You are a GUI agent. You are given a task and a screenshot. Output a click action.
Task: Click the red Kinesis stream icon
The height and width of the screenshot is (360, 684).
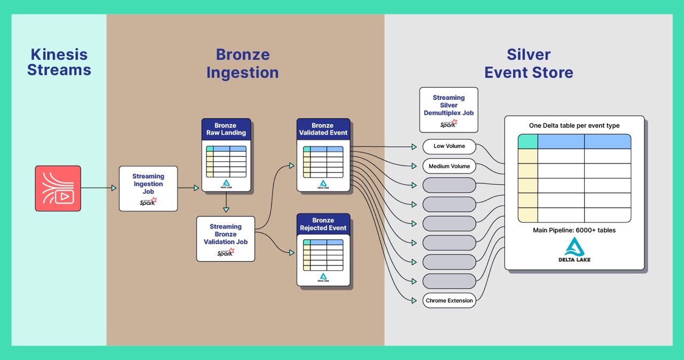click(x=58, y=188)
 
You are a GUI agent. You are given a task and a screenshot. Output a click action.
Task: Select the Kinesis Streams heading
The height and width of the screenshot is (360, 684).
click(x=59, y=62)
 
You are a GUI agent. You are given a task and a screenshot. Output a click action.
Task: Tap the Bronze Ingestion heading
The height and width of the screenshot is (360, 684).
click(x=243, y=64)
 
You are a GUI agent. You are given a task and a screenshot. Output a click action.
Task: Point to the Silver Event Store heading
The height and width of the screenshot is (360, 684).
click(x=528, y=64)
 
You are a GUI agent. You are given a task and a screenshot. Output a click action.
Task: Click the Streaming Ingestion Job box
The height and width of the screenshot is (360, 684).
click(x=148, y=188)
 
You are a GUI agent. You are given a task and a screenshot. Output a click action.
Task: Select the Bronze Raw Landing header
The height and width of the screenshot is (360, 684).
click(x=226, y=129)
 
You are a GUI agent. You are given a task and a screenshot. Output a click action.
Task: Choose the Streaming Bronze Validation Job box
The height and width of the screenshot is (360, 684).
click(x=226, y=238)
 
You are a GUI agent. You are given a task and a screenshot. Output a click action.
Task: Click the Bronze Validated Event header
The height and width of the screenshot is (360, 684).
click(x=323, y=129)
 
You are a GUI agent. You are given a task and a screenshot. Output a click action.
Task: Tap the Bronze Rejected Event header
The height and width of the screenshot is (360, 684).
click(x=323, y=224)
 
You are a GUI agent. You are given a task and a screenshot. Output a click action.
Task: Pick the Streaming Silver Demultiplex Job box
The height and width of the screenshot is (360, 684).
click(x=448, y=109)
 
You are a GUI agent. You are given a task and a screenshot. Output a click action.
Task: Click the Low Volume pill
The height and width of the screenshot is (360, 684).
click(x=449, y=146)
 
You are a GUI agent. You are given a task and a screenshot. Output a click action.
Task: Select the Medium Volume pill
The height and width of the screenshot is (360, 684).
click(x=449, y=166)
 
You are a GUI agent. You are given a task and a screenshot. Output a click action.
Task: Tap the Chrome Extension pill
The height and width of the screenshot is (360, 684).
click(x=449, y=301)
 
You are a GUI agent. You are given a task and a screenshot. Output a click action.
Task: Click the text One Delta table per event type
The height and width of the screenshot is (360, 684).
click(x=574, y=126)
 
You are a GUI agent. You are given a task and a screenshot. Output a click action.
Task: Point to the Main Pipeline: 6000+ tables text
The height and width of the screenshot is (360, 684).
click(x=574, y=230)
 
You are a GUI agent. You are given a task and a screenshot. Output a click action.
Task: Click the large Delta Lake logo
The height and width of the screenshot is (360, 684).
click(x=574, y=249)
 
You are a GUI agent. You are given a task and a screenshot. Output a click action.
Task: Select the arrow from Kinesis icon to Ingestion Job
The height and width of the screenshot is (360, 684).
click(x=99, y=188)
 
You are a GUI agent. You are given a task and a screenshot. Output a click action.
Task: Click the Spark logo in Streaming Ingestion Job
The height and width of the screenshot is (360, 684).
click(x=148, y=202)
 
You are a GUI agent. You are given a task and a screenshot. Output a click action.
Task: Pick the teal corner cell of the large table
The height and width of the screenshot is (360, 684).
click(x=527, y=142)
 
